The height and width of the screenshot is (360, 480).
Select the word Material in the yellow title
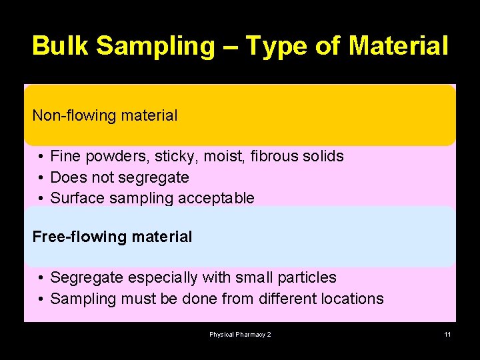point(399,46)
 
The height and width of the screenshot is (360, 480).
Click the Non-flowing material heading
point(105,115)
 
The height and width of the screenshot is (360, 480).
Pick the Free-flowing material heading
point(112,237)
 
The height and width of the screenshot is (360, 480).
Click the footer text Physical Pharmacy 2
point(240,335)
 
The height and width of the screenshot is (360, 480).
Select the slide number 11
point(447,335)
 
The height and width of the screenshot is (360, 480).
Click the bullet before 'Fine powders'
point(41,157)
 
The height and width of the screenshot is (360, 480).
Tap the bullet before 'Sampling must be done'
point(41,299)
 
